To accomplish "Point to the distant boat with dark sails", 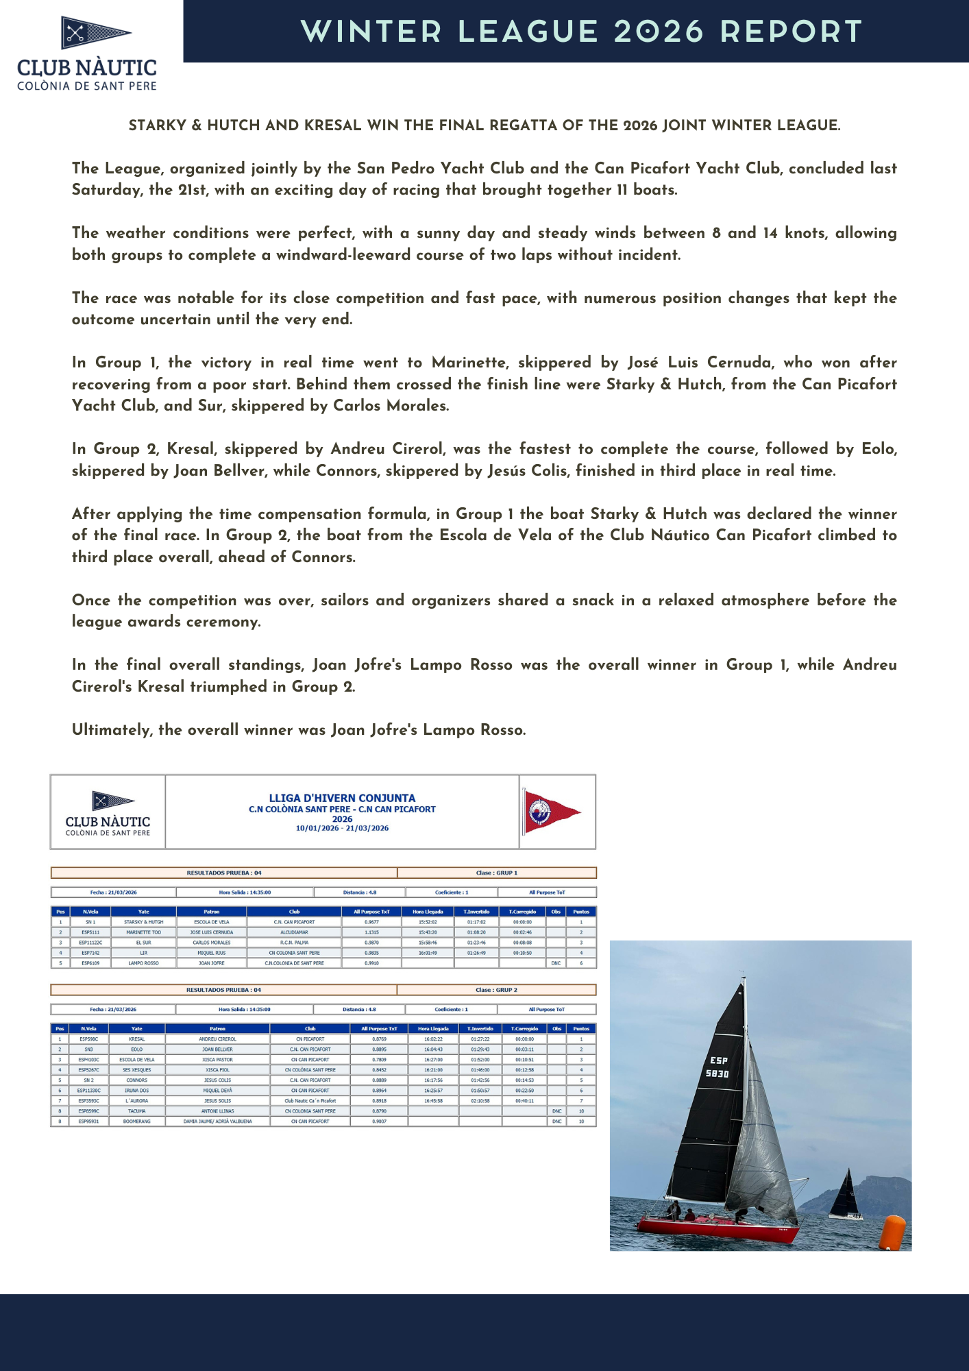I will [846, 1196].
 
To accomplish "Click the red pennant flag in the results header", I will [550, 812].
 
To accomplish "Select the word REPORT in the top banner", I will [791, 32].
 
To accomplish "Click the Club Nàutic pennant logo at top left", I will [95, 32].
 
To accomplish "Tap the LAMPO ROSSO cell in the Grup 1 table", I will [143, 963].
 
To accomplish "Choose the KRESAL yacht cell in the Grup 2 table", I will [137, 1039].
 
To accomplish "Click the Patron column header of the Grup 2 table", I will [217, 1028].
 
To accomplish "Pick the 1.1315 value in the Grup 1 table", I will [371, 932].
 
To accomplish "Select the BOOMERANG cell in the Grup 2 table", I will [137, 1121].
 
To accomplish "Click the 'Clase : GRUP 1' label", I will [496, 873].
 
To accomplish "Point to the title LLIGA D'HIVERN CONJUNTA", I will [342, 798].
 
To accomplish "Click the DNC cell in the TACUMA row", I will [556, 1111].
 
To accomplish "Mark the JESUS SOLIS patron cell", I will [217, 1101].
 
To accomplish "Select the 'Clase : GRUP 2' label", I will [496, 990].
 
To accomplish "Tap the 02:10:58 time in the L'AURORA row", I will [480, 1101].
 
